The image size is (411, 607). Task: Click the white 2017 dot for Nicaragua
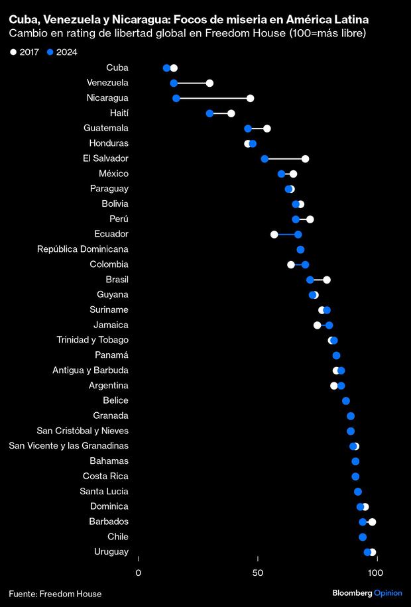pyautogui.click(x=250, y=98)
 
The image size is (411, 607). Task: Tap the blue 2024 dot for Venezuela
pyautogui.click(x=174, y=83)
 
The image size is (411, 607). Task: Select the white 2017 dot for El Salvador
pyautogui.click(x=305, y=158)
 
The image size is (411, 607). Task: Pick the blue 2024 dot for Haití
pyautogui.click(x=209, y=113)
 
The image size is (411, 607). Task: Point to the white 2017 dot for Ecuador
pyautogui.click(x=274, y=234)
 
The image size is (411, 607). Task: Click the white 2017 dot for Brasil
pyautogui.click(x=327, y=280)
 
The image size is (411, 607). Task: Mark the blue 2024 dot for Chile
pyautogui.click(x=363, y=537)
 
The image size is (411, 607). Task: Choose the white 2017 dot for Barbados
pyautogui.click(x=372, y=522)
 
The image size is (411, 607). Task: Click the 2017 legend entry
pyautogui.click(x=25, y=52)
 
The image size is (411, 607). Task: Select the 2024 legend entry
pyautogui.click(x=62, y=52)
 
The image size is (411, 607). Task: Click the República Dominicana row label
pyautogui.click(x=83, y=249)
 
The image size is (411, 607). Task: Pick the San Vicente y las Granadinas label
pyautogui.click(x=69, y=446)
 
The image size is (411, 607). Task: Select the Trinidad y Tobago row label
pyautogui.click(x=92, y=340)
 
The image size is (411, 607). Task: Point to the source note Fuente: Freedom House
pyautogui.click(x=56, y=594)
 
